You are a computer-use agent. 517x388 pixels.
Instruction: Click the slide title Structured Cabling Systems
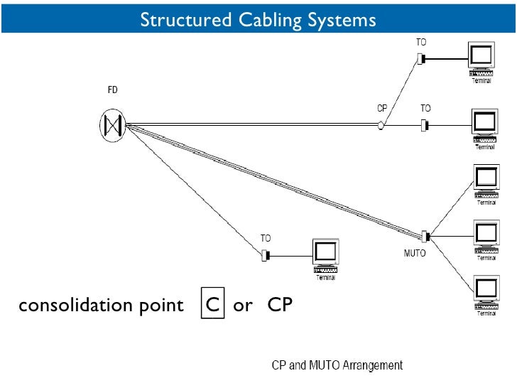[258, 19]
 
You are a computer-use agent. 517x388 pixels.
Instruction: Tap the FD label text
[112, 90]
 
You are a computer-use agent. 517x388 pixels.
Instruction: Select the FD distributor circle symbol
[112, 126]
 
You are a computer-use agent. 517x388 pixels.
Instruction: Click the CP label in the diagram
[382, 109]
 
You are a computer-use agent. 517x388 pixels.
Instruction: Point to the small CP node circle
[381, 126]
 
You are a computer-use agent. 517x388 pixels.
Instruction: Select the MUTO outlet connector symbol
[425, 235]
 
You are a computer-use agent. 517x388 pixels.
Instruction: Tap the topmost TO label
[421, 43]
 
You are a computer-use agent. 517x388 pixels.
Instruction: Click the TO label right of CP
[425, 109]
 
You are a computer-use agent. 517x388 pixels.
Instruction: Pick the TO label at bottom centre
[266, 239]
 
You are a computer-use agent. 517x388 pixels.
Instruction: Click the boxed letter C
[212, 306]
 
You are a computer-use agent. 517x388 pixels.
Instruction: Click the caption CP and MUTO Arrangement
[337, 365]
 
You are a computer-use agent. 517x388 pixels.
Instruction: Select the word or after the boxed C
[243, 306]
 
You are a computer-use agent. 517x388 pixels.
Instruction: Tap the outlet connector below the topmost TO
[421, 59]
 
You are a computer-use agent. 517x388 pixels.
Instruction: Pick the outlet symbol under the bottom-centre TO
[266, 254]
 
